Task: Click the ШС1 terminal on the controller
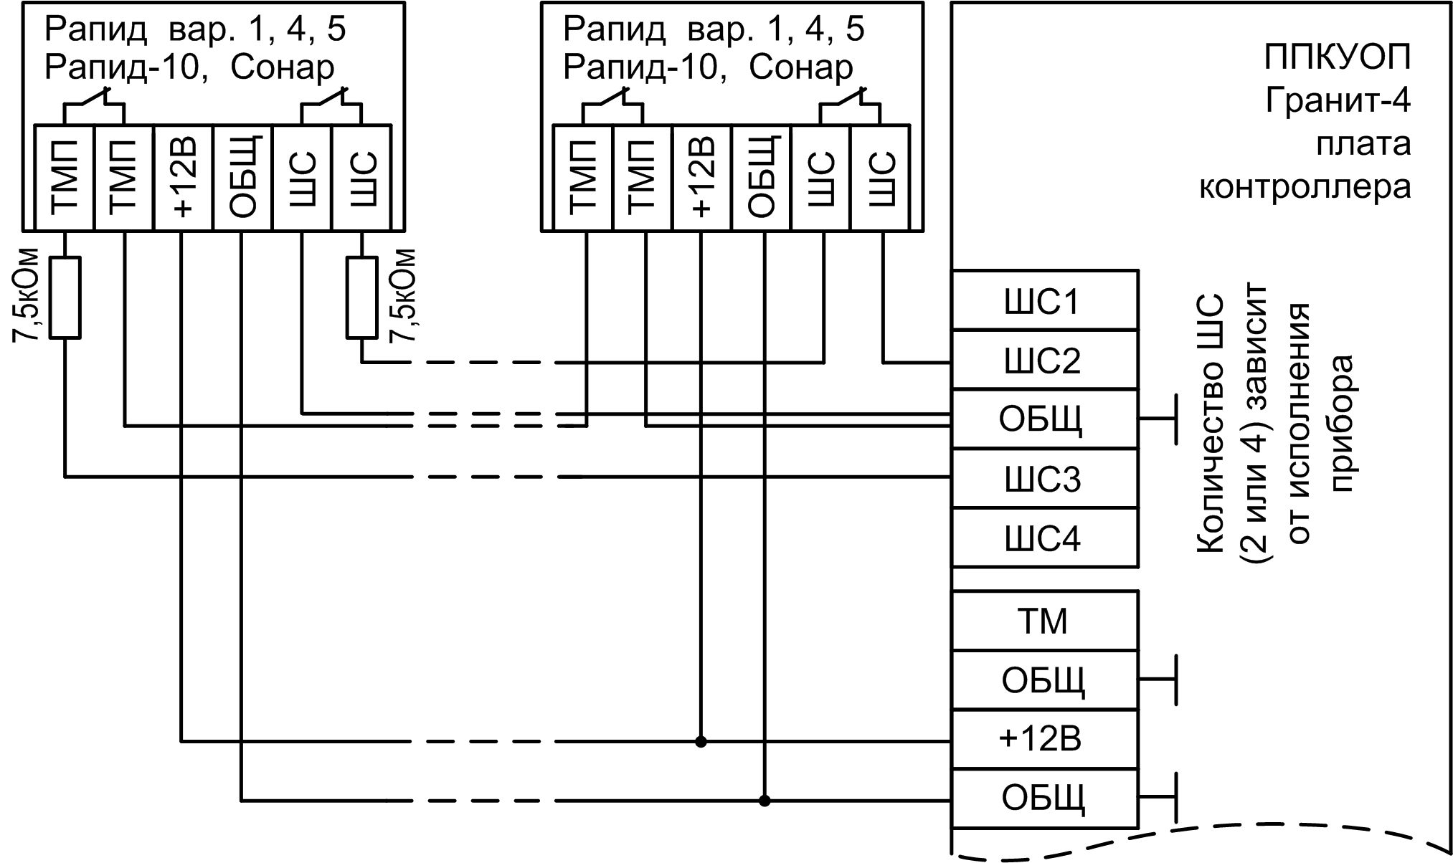point(1044,301)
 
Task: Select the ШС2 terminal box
point(1044,361)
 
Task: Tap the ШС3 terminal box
point(1044,479)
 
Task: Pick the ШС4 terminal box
point(1044,538)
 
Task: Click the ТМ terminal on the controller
point(1044,621)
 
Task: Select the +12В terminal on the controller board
point(1044,740)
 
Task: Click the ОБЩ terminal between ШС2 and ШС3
point(1044,419)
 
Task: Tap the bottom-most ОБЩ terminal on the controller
point(1044,798)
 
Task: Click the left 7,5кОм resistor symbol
point(65,297)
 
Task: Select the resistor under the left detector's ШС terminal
point(361,297)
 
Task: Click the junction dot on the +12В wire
point(701,741)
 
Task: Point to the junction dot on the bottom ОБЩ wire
point(765,801)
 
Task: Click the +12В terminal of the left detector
point(184,178)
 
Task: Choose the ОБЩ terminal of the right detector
point(762,178)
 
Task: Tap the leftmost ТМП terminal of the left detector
point(65,178)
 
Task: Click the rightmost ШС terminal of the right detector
point(880,178)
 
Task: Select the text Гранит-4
point(1338,100)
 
